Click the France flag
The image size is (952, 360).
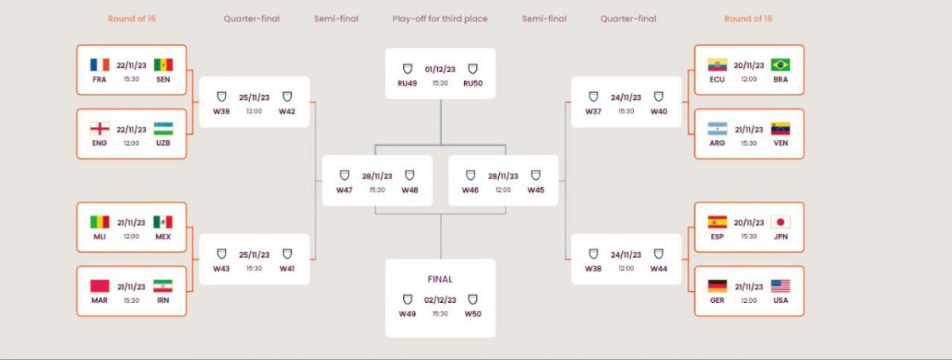point(99,64)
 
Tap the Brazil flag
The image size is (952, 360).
point(781,64)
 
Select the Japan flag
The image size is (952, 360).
point(781,222)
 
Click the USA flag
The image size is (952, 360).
point(781,285)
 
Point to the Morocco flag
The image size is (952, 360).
point(99,285)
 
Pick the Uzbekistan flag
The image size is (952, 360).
point(163,128)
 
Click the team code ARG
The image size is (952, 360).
point(717,143)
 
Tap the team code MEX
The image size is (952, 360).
point(163,236)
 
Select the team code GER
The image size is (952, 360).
point(717,300)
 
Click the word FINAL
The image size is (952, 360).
point(440,279)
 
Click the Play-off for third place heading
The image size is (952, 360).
point(440,19)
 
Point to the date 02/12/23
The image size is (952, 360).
point(440,300)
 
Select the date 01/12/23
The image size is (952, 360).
point(440,69)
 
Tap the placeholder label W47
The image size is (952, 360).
point(344,190)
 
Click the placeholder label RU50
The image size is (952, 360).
point(473,83)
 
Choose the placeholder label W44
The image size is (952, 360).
point(658,269)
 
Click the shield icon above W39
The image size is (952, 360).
point(221,97)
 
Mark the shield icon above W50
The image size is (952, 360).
point(473,300)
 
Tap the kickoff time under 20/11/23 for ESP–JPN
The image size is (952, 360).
point(749,236)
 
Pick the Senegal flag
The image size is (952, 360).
point(163,64)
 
